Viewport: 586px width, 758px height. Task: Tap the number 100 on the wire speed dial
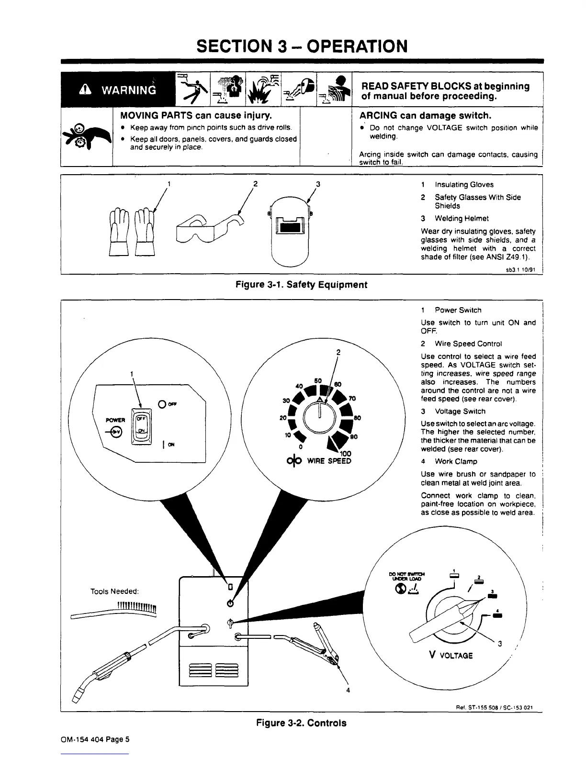[345, 454]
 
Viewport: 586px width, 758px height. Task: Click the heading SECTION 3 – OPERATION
[302, 46]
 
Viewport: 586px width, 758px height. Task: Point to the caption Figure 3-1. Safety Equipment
[302, 285]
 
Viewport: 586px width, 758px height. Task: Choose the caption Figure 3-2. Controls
[301, 723]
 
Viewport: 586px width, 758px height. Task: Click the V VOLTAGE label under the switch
[452, 655]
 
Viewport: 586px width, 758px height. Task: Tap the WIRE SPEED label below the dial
[329, 461]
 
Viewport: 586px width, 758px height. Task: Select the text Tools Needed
[114, 591]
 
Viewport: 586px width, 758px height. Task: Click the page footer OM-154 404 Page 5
[95, 739]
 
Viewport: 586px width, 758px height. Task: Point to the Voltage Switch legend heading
[460, 411]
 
